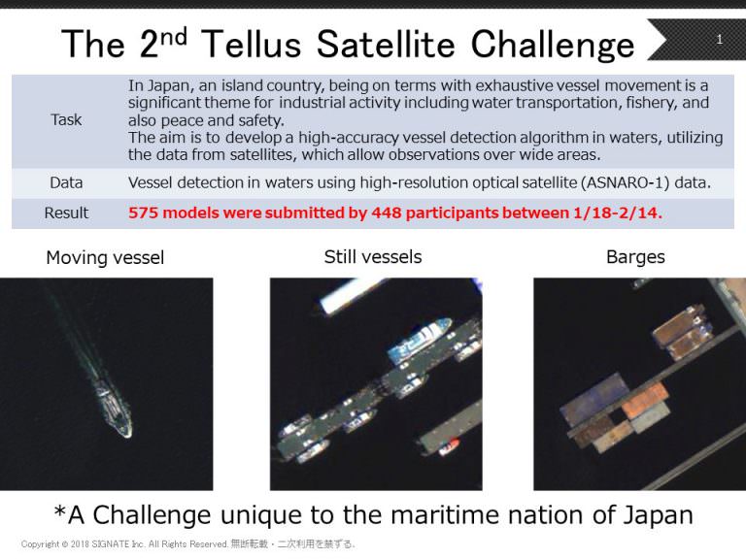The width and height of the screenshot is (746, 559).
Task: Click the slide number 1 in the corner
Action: [x=720, y=39]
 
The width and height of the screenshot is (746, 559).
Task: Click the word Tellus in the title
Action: [x=252, y=45]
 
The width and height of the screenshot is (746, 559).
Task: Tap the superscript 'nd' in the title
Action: [x=174, y=37]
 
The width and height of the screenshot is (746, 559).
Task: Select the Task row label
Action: [x=66, y=119]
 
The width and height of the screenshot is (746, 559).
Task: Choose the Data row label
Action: [x=66, y=182]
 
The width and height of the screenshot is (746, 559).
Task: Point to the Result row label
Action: [x=66, y=213]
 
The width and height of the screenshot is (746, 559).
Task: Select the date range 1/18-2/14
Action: [x=617, y=213]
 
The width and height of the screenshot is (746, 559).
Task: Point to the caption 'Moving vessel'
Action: [x=105, y=257]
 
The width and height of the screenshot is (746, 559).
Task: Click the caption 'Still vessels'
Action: [x=373, y=256]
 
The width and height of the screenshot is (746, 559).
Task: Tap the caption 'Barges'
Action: [x=635, y=256]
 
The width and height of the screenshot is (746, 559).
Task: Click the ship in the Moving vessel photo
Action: [x=114, y=407]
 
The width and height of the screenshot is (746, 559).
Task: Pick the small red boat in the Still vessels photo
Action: [x=449, y=446]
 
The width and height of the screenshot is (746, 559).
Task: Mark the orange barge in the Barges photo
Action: [x=646, y=401]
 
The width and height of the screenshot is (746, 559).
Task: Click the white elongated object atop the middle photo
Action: [x=352, y=294]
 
